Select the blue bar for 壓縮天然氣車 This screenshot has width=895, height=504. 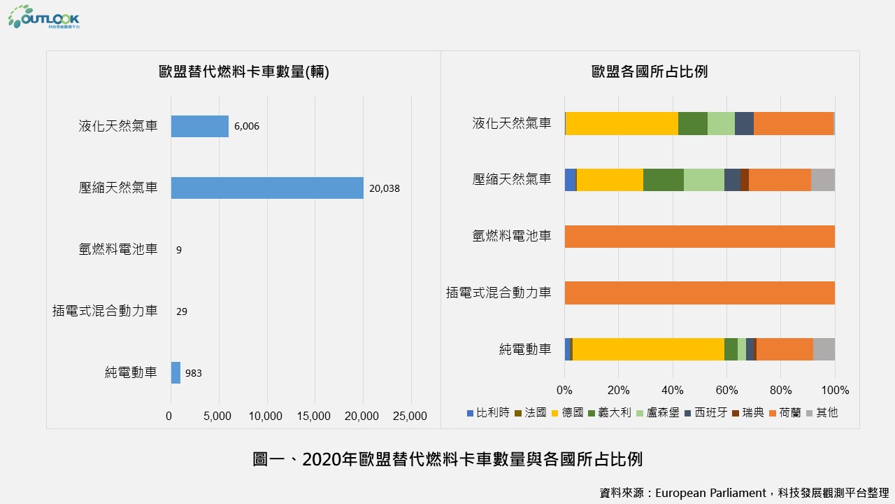pos(267,188)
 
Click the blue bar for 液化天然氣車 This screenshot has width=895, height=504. pos(200,126)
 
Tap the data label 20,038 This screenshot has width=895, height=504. pos(385,188)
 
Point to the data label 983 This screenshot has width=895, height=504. pos(194,373)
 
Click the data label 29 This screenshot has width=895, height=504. pos(182,311)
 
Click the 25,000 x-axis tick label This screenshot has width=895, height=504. pos(410,416)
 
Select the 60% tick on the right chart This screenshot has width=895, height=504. pos(726,390)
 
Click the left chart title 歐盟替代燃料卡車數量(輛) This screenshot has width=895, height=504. pos(244,71)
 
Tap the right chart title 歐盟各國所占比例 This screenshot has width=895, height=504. pos(650,71)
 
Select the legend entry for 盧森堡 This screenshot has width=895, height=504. pos(658,413)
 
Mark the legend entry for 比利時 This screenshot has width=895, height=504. pos(489,413)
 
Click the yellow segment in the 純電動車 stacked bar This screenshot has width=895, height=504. pos(648,349)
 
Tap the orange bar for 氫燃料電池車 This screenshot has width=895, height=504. pos(699,237)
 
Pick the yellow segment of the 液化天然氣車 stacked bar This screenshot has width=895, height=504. pos(622,123)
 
